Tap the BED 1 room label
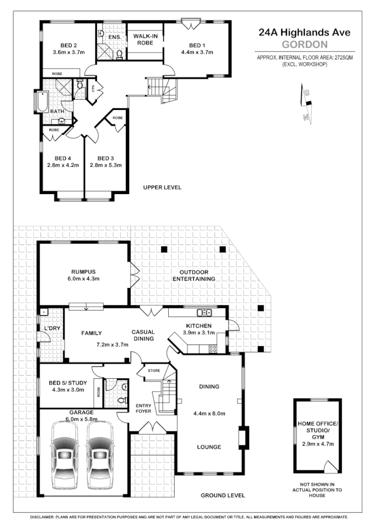[197, 45]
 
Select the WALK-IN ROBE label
[145, 40]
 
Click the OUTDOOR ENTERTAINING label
[190, 276]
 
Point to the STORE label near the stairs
[154, 370]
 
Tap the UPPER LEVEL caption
[162, 188]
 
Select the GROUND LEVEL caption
[222, 495]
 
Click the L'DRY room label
[52, 328]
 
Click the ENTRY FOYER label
[143, 408]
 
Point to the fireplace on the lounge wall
[243, 436]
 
